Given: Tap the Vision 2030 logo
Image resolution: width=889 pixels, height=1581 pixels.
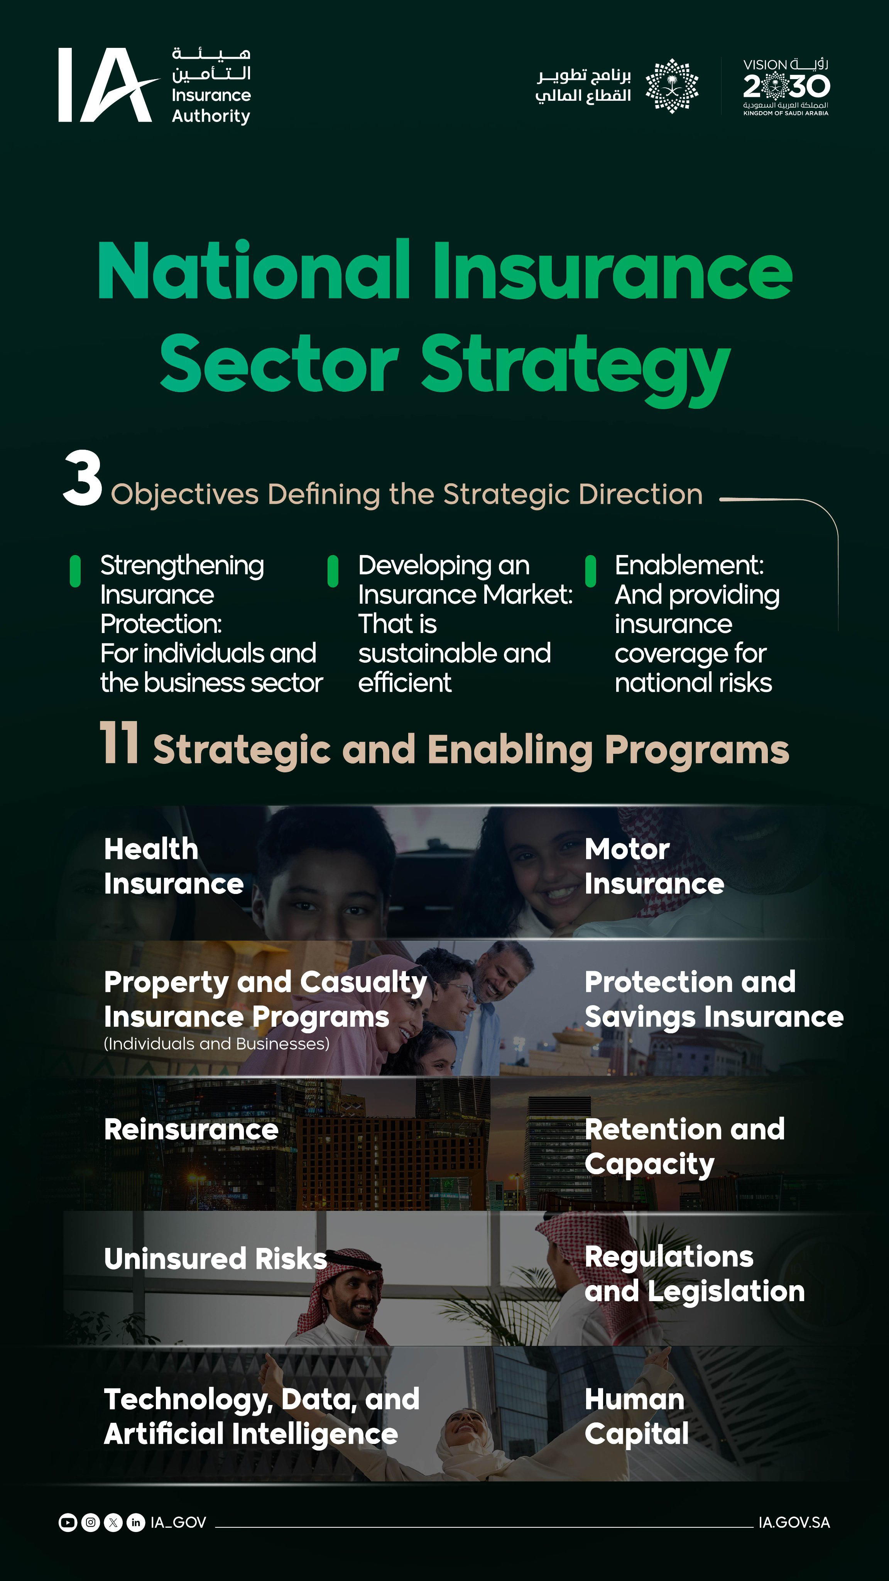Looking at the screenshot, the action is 786,86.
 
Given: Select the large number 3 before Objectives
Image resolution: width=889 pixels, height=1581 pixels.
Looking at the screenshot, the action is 82,478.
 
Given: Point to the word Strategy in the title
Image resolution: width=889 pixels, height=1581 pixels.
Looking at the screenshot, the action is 575,367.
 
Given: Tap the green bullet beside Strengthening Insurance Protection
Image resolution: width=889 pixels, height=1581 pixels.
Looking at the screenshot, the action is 76,571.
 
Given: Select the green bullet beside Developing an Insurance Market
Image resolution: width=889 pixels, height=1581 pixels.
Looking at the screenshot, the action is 333,571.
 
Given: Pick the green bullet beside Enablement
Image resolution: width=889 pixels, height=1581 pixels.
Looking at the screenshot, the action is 591,571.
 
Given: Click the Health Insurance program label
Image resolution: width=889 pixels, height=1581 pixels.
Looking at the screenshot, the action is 174,867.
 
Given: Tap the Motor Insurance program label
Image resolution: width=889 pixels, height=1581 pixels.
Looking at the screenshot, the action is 654,867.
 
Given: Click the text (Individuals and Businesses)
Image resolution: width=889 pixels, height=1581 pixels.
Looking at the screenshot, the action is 216,1044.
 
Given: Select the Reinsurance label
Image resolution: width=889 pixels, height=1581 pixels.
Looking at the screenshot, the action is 191,1130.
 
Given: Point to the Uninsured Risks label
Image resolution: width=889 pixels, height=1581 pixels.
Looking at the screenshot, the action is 215,1259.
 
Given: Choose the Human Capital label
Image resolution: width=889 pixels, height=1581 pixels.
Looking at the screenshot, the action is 636,1417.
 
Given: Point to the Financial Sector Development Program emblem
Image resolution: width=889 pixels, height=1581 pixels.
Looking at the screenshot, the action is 672,86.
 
